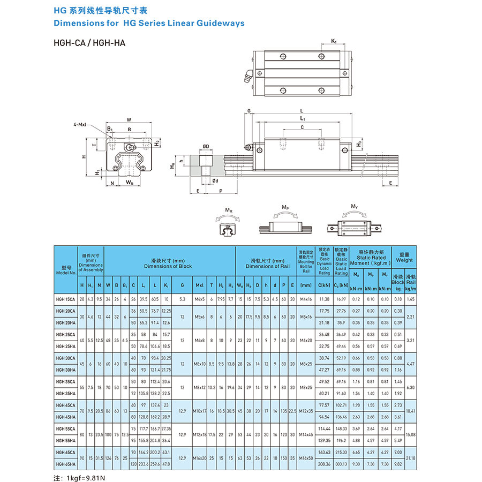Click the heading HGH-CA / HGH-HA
coord(89,43)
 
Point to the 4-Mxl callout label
coord(82,125)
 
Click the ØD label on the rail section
coord(206,146)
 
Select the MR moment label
coord(229,209)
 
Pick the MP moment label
coord(285,207)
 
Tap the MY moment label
coord(355,207)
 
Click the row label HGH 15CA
coord(66,299)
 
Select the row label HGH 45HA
coord(66,417)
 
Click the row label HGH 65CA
coord(66,453)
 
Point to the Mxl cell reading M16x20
coord(200,458)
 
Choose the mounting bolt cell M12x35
coord(306,411)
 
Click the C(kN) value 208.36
coord(325,464)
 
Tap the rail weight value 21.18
coord(411,458)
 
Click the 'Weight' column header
coord(404,260)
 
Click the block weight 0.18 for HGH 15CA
coord(398,299)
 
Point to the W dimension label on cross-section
coord(129,120)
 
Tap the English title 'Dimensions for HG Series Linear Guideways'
coord(149,23)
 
